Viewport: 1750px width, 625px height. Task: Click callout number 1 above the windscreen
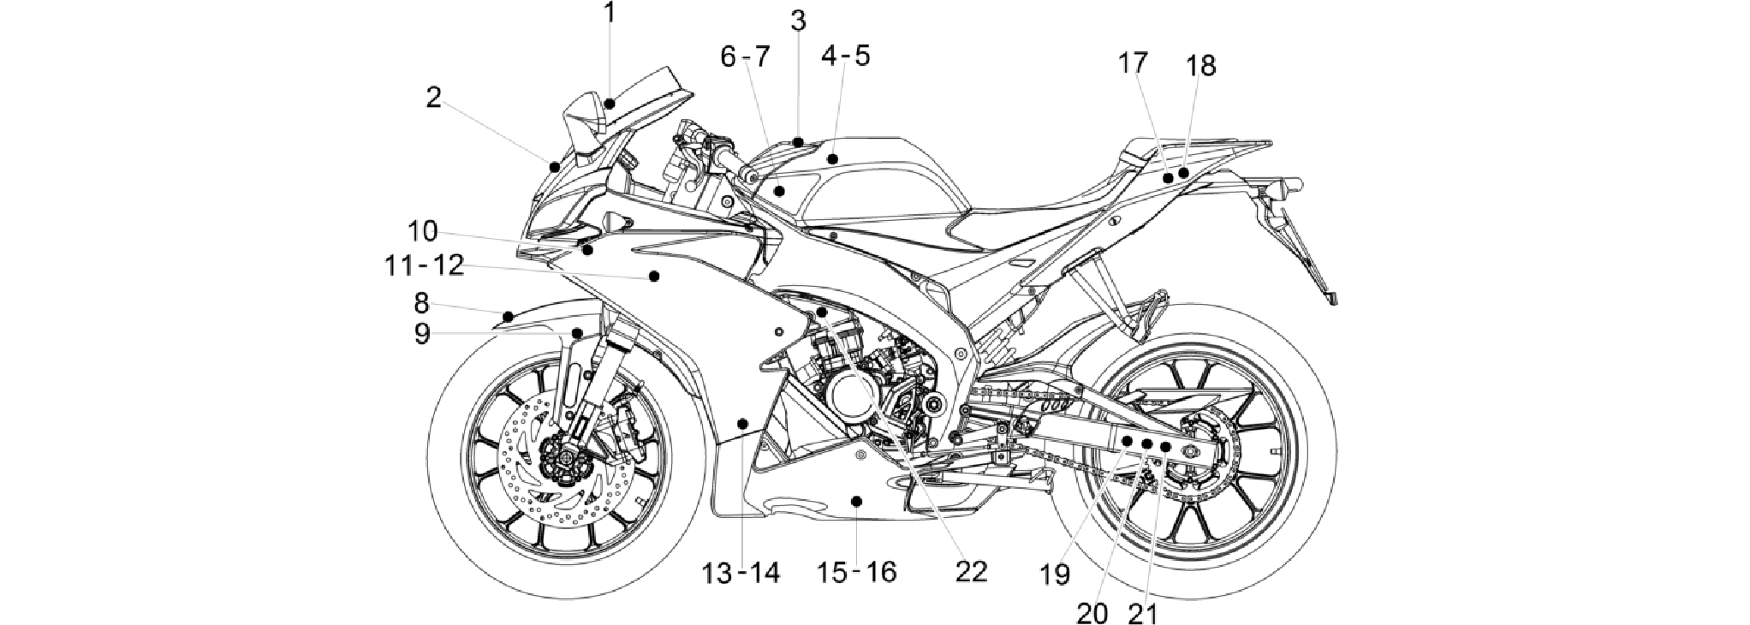coord(609,13)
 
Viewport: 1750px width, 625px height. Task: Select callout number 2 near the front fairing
coord(433,98)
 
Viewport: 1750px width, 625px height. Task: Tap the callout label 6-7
coord(745,57)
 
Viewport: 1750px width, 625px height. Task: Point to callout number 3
coord(798,20)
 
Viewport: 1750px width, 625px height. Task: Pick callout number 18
coord(1200,66)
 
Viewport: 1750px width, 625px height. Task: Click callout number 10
coord(422,231)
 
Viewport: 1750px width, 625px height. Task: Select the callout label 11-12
coord(424,265)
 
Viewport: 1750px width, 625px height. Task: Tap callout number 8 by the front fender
coord(421,303)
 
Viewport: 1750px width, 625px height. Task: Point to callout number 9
coord(422,334)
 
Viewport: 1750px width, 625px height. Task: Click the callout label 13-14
coord(741,572)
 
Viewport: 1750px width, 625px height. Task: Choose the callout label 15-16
coord(857,571)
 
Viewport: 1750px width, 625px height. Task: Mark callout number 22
coord(971,571)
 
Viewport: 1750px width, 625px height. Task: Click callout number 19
coord(1056,574)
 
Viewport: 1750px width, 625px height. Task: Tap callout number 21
coord(1143,613)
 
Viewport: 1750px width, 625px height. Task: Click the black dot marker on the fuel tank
coord(832,159)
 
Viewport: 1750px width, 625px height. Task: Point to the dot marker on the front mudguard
coord(508,318)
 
